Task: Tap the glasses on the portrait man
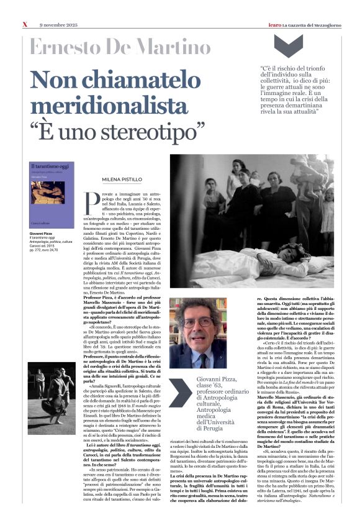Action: coord(196,323)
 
